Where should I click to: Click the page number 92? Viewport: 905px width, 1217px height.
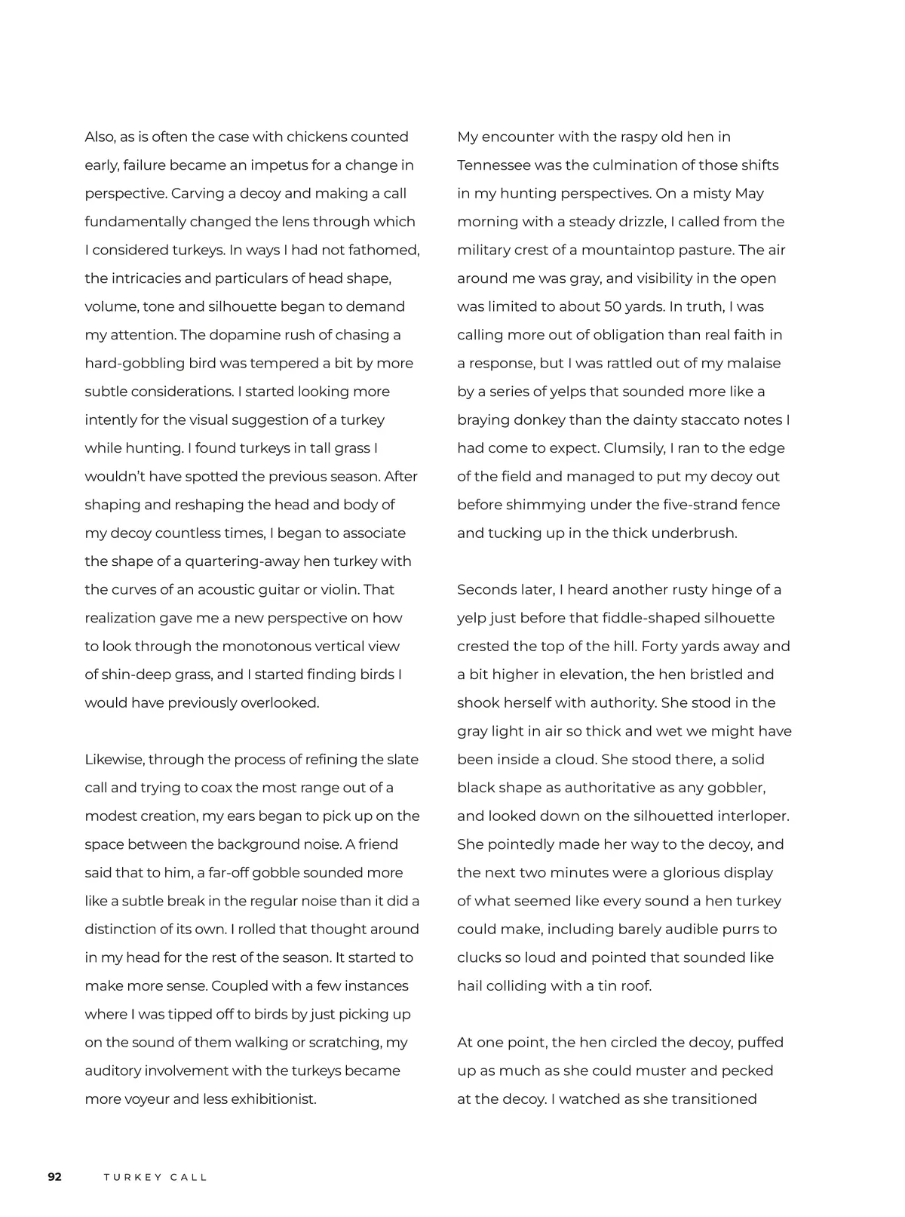point(54,1176)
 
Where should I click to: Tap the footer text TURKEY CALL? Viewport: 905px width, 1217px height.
point(155,1177)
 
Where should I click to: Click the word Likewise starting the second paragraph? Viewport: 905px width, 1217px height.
point(113,760)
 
